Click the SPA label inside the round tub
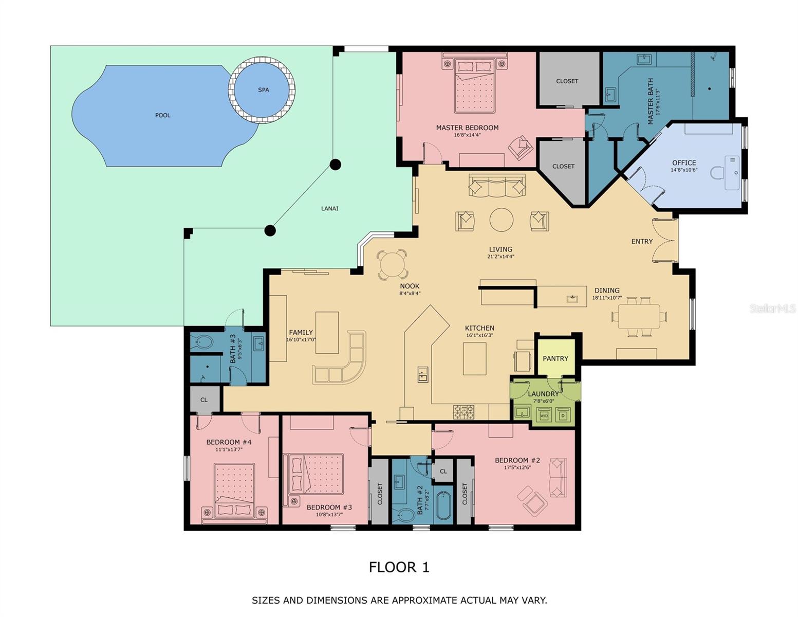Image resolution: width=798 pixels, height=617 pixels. point(263,89)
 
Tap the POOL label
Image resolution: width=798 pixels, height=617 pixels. point(163,115)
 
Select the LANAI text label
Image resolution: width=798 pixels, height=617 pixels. point(329,208)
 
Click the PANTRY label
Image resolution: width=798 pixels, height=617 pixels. point(555,358)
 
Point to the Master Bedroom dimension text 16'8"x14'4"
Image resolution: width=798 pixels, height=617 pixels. point(467,135)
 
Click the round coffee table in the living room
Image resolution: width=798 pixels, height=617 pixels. point(502,220)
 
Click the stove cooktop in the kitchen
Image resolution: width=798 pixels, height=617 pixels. point(464,412)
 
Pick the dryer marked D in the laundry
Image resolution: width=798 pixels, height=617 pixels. point(563,415)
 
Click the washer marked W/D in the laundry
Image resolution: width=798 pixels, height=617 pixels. point(544,415)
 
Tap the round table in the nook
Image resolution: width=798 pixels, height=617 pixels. point(392,264)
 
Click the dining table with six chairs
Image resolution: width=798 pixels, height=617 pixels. point(639,316)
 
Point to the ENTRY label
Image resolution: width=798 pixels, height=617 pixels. point(642,242)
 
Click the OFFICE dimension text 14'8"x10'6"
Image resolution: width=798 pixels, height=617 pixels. point(684,170)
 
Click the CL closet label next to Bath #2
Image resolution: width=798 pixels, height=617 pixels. point(443,471)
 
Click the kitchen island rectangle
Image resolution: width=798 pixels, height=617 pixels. point(474,359)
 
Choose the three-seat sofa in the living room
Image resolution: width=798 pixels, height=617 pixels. point(497,186)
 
